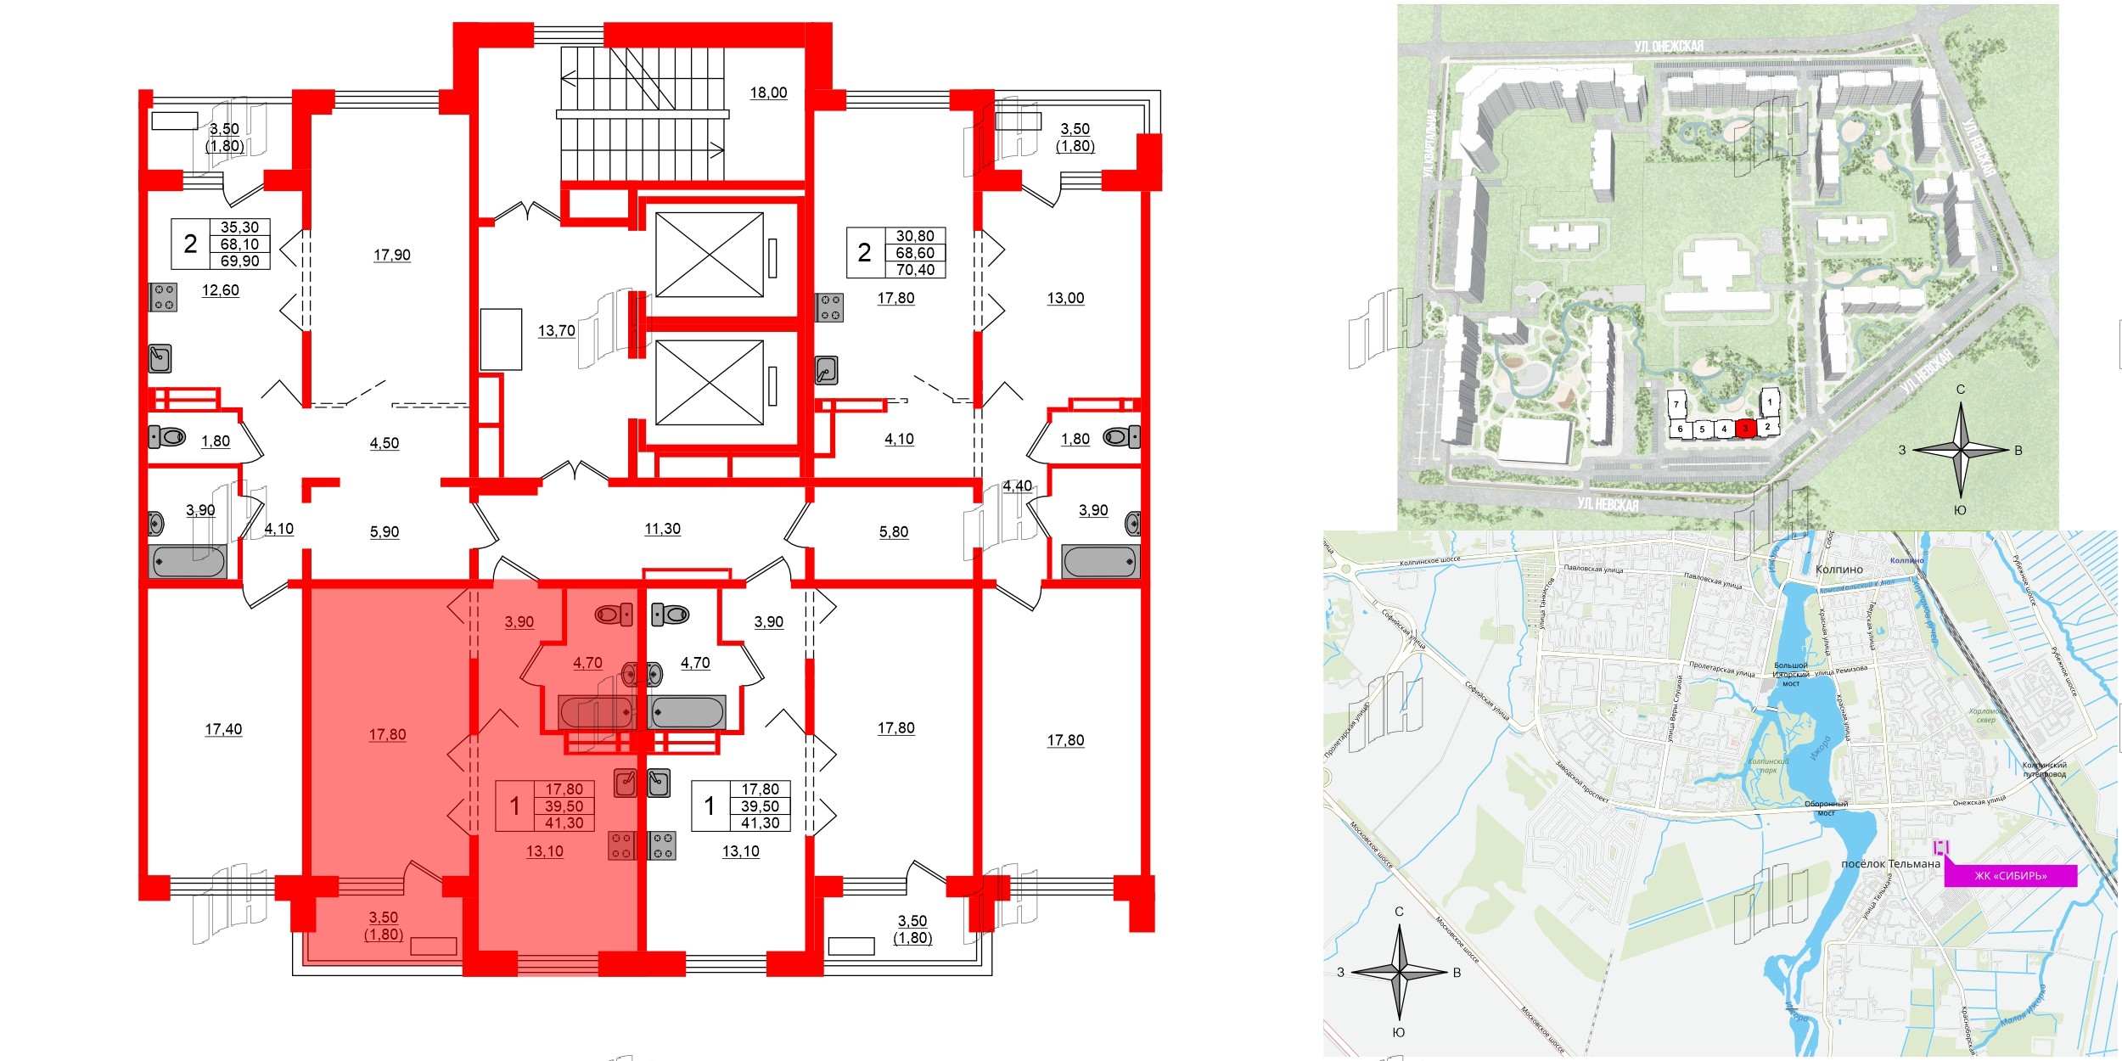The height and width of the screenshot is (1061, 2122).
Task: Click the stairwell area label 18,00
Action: point(768,93)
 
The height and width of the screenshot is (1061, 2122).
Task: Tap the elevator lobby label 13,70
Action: point(556,331)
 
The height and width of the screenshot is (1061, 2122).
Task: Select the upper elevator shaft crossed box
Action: point(710,255)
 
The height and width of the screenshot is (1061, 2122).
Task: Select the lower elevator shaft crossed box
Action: point(710,382)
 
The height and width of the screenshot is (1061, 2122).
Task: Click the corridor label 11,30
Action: point(662,529)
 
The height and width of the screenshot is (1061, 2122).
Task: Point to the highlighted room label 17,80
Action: point(387,734)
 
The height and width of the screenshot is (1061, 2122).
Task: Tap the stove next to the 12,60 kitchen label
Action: point(163,297)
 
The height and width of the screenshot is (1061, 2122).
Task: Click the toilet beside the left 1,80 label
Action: point(167,437)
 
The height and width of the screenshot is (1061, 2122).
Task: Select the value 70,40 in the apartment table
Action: point(915,270)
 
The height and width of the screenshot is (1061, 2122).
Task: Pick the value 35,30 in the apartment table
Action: point(239,227)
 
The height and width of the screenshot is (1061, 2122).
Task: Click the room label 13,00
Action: point(1065,298)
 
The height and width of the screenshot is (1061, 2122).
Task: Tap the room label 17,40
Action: point(223,729)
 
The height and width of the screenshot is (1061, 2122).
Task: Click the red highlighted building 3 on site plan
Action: point(1745,429)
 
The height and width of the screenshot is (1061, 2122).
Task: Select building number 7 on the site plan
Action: point(1676,405)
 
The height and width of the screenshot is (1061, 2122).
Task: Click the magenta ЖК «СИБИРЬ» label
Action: point(2010,876)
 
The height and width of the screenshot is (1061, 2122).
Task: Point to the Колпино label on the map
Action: point(1839,570)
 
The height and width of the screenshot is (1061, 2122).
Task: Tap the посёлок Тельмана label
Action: point(1890,864)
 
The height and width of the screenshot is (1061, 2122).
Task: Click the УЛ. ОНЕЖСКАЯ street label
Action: point(1669,46)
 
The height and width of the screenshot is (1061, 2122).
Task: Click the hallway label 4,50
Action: point(384,443)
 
